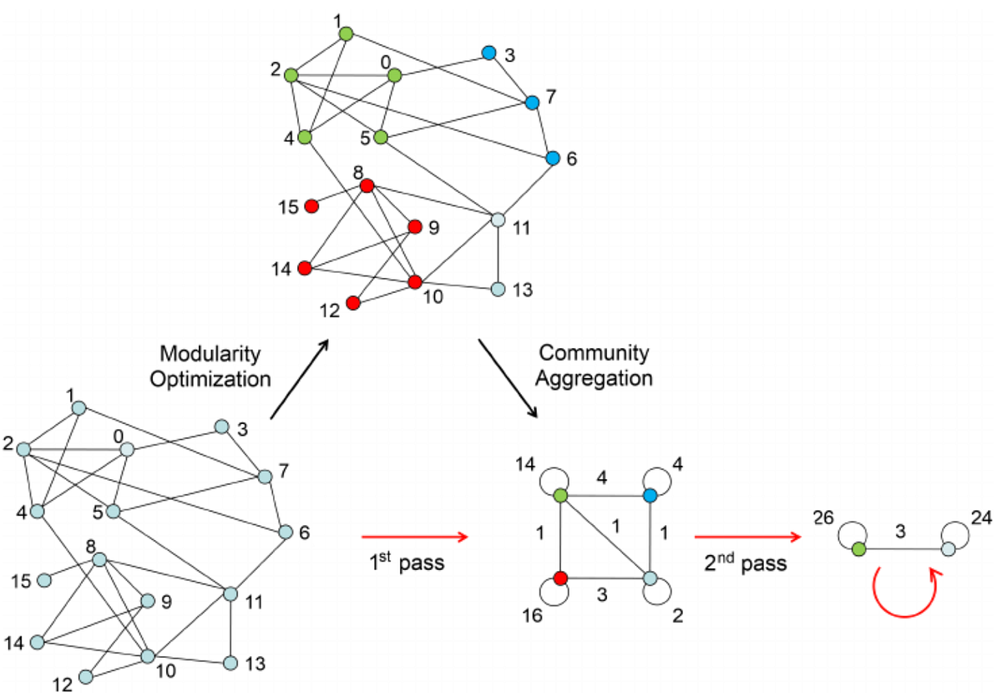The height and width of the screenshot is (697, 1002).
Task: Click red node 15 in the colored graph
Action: point(311,205)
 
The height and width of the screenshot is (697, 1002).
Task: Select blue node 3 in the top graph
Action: point(488,53)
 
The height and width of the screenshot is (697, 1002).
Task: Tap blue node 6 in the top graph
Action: point(552,158)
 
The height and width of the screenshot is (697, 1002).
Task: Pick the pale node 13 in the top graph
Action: point(498,290)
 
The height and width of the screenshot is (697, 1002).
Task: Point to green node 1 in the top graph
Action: point(346,33)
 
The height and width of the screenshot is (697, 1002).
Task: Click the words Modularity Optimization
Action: point(216,365)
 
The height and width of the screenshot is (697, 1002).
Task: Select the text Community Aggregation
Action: point(594,365)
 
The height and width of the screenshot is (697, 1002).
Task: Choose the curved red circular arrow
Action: point(903,589)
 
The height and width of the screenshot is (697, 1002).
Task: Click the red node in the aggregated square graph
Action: point(560,578)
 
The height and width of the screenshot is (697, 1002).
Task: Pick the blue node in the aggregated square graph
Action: point(651,496)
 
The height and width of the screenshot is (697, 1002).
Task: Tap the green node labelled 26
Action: point(859,550)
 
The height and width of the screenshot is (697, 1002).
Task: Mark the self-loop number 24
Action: point(982,518)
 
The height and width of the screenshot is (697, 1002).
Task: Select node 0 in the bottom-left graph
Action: point(127,449)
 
